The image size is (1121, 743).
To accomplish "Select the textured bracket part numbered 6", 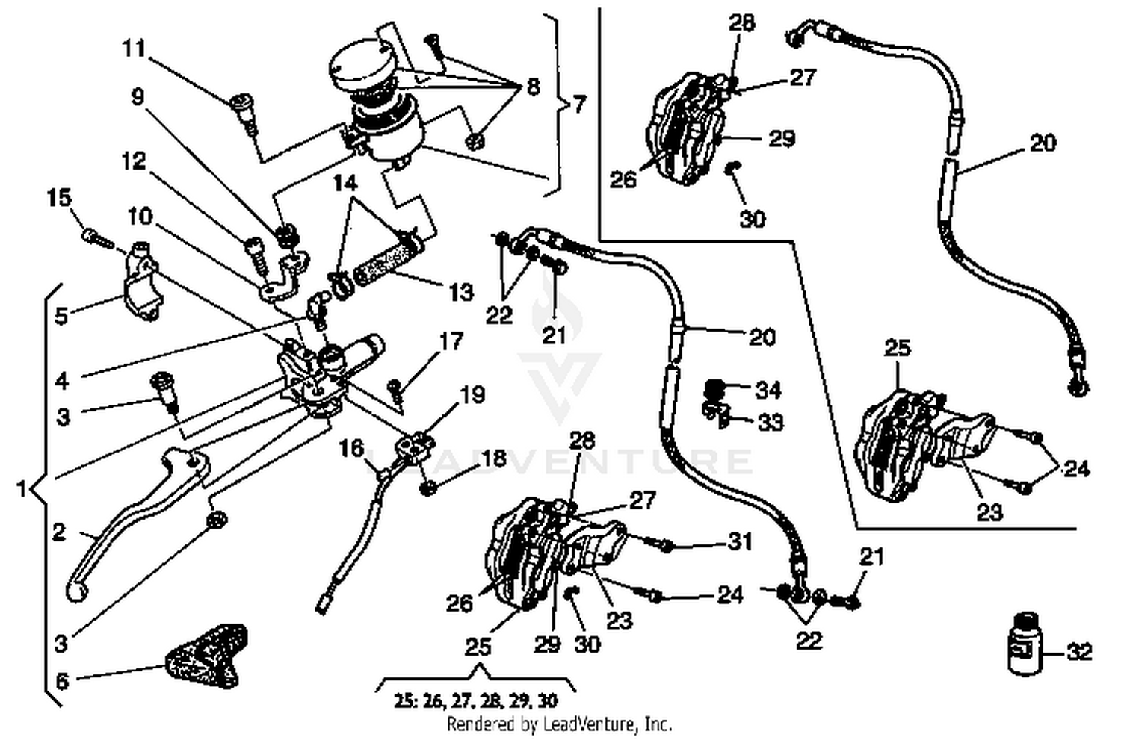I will tap(206, 657).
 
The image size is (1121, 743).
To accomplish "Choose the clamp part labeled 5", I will tap(142, 280).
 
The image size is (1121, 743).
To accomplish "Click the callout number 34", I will tap(768, 390).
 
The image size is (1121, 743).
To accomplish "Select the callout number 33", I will tap(771, 423).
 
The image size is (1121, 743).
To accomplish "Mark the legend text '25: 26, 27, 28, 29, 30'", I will tap(476, 701).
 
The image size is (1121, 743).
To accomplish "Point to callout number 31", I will tap(740, 541).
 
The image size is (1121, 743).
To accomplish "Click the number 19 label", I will tap(472, 394).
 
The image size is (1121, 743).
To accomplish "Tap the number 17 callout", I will tap(451, 342).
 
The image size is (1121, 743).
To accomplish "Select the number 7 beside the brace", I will tap(580, 103).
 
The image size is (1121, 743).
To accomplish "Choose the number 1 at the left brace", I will tap(22, 489).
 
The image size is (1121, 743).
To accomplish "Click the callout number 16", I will tap(351, 448).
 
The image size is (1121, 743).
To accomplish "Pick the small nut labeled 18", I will tap(428, 489).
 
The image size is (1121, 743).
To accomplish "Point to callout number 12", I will tap(134, 161).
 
